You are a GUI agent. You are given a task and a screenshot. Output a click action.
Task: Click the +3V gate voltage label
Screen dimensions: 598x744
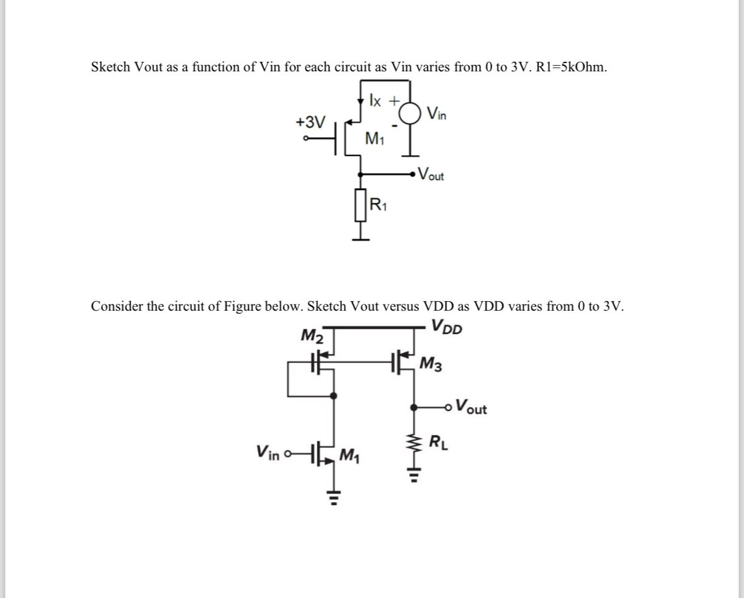click(311, 121)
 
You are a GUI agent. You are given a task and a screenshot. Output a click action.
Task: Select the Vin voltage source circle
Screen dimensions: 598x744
click(411, 114)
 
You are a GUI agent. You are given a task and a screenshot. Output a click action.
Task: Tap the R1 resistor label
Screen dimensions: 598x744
click(379, 204)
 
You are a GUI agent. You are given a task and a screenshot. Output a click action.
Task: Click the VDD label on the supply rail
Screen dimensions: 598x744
click(447, 328)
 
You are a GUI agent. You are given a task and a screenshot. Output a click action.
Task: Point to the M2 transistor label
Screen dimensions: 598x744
click(312, 335)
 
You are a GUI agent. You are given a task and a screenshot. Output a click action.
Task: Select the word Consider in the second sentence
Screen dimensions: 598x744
click(117, 306)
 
